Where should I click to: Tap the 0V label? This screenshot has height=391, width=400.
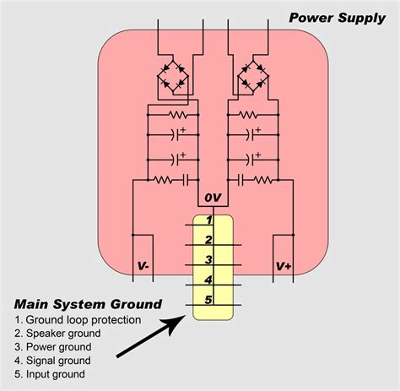click(x=212, y=198)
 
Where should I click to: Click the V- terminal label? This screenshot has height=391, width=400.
click(x=143, y=266)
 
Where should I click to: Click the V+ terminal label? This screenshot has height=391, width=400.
click(x=283, y=266)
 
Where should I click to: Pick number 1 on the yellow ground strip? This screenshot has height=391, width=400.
click(x=208, y=220)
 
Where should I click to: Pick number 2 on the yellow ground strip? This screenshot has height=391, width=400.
click(x=208, y=240)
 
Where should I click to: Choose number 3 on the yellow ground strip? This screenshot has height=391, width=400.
click(x=208, y=259)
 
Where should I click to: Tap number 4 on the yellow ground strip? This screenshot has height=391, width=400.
click(x=208, y=279)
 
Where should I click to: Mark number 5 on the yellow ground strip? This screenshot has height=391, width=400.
click(x=208, y=298)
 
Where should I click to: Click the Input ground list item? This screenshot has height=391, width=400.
click(x=52, y=374)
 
